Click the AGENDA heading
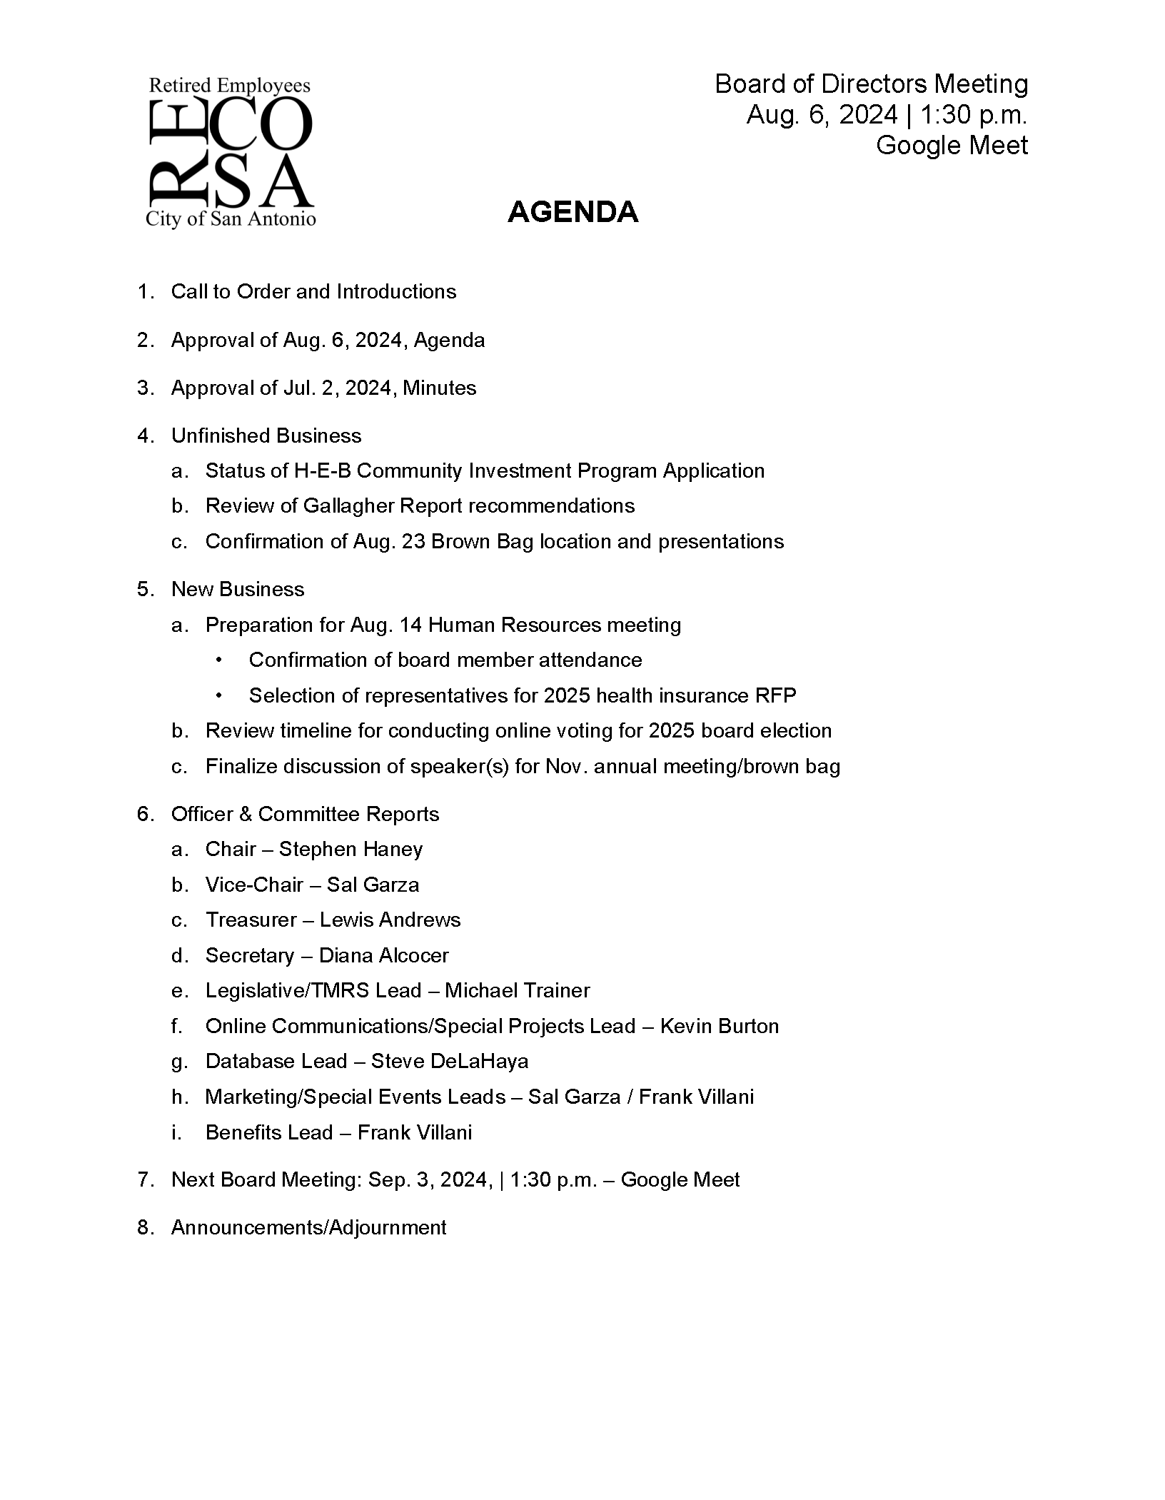pyautogui.click(x=573, y=212)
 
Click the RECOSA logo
pyautogui.click(x=230, y=153)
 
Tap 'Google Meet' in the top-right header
pyautogui.click(x=951, y=145)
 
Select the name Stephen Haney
pyautogui.click(x=350, y=849)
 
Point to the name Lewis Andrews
pyautogui.click(x=390, y=920)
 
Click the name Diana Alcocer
pyautogui.click(x=383, y=955)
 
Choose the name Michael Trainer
pyautogui.click(x=517, y=990)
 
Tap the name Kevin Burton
pyautogui.click(x=719, y=1026)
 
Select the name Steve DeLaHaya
pyautogui.click(x=449, y=1061)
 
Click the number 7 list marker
pyautogui.click(x=145, y=1179)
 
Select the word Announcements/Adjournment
pyautogui.click(x=308, y=1227)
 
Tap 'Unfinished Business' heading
pyautogui.click(x=266, y=436)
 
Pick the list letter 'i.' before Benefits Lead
pyautogui.click(x=176, y=1132)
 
